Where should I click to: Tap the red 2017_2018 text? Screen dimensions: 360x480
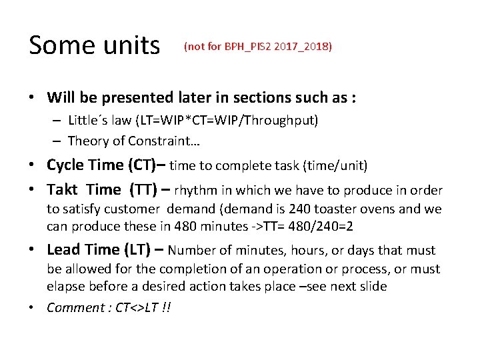302,47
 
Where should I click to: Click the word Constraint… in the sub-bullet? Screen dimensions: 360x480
174,140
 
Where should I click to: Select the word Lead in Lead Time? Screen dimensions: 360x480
64,250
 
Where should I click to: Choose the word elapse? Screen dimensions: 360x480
66,287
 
